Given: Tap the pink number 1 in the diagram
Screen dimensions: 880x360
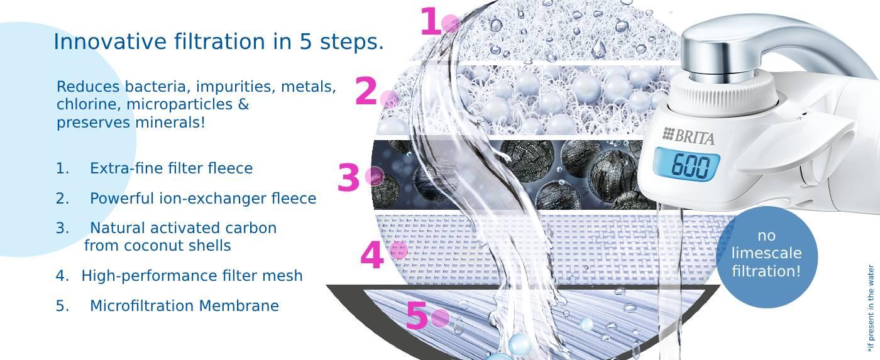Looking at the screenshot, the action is pyautogui.click(x=431, y=21).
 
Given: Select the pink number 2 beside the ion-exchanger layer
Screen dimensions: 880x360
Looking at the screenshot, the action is pyautogui.click(x=366, y=90).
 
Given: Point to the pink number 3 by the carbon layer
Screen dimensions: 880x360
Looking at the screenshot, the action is pyautogui.click(x=348, y=178).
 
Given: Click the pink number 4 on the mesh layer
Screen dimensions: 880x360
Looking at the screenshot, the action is pyautogui.click(x=371, y=255).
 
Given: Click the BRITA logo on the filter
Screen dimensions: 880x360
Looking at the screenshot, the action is pyautogui.click(x=688, y=136).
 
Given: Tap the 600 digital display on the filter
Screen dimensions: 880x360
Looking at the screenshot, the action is pyautogui.click(x=690, y=166).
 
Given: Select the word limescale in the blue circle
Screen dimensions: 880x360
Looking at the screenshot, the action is pyautogui.click(x=766, y=253).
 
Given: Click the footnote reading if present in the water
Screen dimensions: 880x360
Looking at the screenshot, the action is pyautogui.click(x=871, y=308).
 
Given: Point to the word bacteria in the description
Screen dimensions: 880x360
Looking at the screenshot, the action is pyautogui.click(x=157, y=86).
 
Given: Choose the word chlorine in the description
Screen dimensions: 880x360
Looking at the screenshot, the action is pyautogui.click(x=89, y=104).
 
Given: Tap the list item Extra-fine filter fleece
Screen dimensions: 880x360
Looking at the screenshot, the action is pyautogui.click(x=171, y=168).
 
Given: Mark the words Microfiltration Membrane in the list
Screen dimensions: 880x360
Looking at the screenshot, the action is pyautogui.click(x=184, y=306).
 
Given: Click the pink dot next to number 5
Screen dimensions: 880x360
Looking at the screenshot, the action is pyautogui.click(x=440, y=318).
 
